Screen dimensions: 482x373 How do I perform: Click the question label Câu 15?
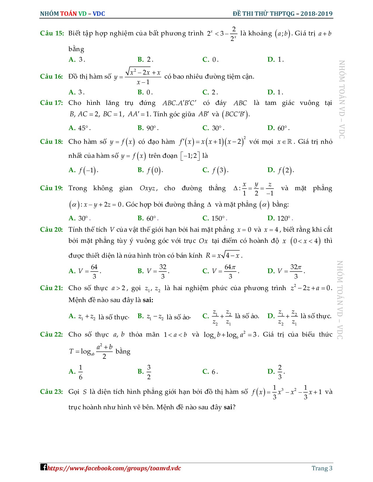52,33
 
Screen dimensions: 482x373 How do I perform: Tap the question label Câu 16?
52,77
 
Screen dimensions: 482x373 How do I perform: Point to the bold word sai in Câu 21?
148,300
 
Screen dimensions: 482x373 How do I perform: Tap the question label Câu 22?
52,334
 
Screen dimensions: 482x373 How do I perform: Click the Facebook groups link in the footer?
114,468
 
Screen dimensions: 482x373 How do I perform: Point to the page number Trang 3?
322,468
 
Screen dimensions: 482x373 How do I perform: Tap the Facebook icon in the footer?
44,467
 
